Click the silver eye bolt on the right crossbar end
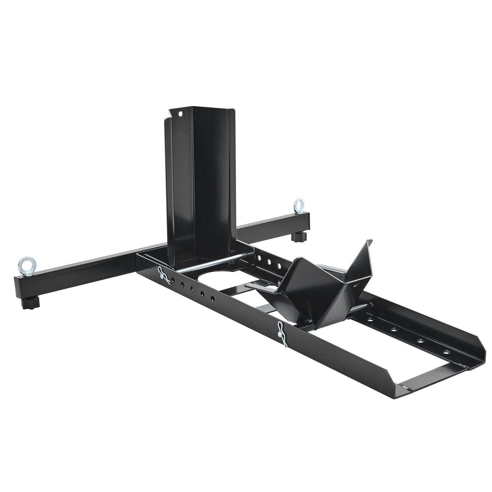(298, 205)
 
